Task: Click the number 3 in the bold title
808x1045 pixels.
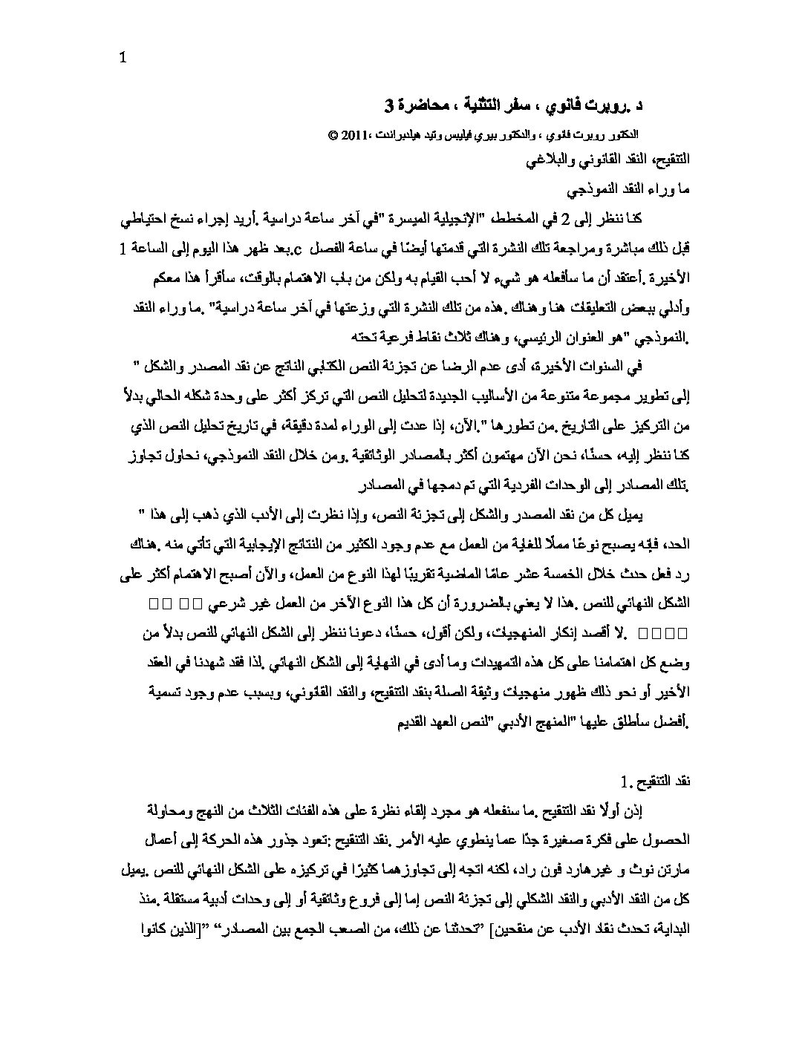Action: pos(389,107)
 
